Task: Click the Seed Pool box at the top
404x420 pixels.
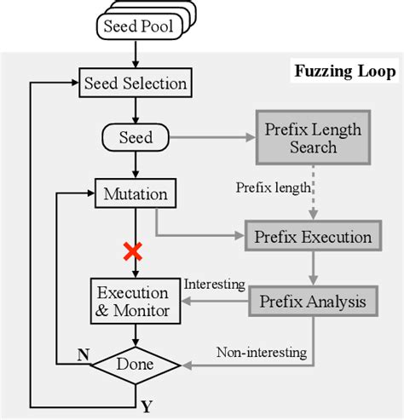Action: (137, 26)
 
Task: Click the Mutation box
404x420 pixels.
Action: (136, 193)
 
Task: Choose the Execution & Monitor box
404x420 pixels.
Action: (136, 300)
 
